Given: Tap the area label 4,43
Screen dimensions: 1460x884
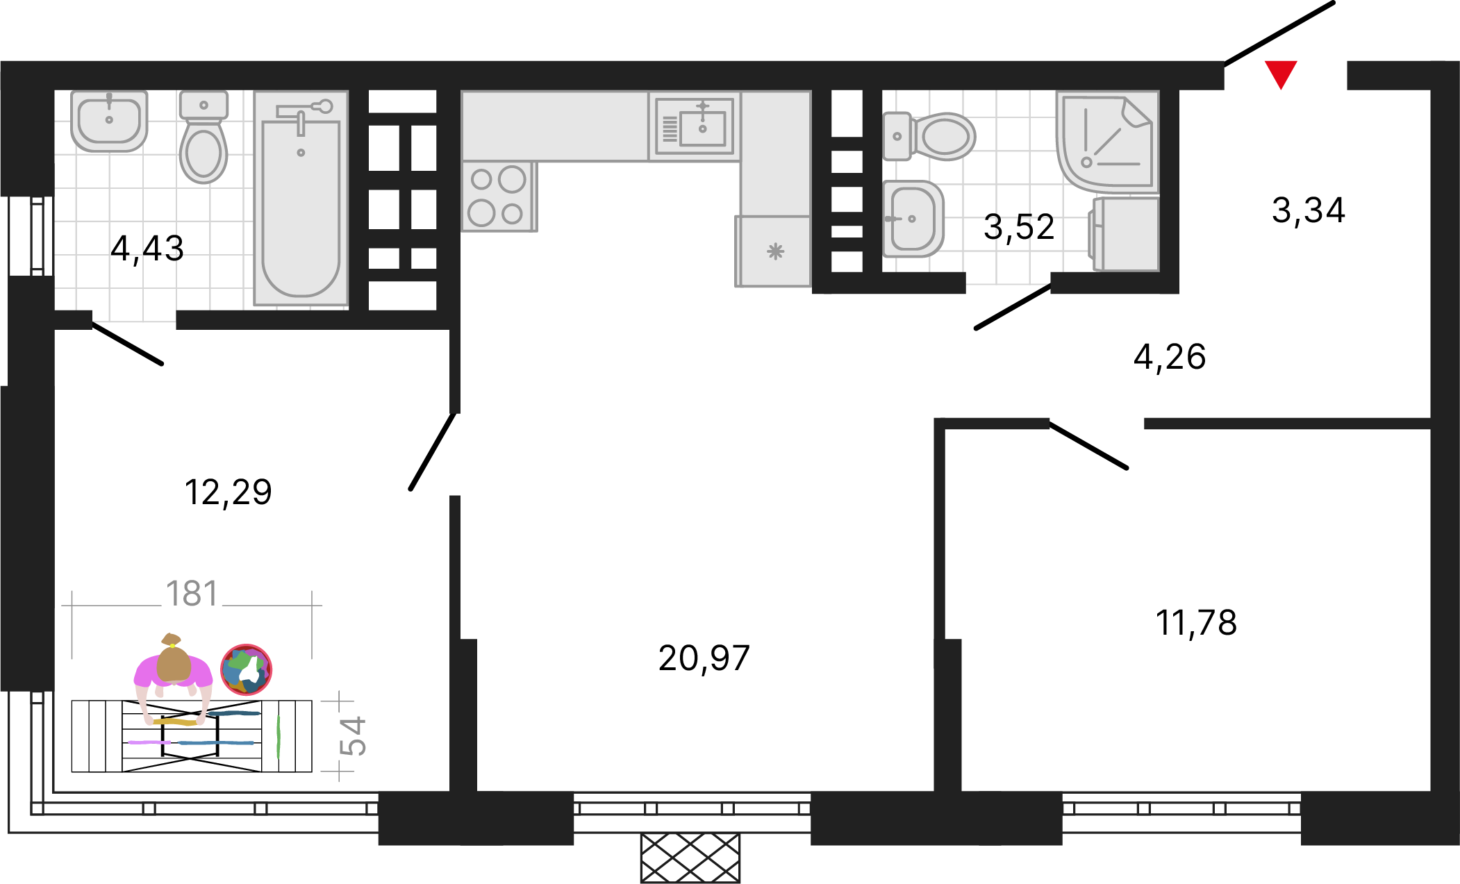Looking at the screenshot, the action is click(147, 248).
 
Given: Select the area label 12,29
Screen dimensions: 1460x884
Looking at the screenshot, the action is click(228, 492).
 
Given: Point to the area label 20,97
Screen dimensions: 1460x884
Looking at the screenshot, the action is click(704, 658).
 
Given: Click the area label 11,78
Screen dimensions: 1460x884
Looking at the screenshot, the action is click(1196, 622).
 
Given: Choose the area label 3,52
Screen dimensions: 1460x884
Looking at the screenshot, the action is click(1019, 227).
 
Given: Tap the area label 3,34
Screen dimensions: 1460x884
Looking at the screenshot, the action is click(1309, 210).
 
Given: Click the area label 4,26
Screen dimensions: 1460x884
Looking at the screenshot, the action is click(1170, 357).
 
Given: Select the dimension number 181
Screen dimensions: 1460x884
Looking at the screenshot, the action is click(192, 594).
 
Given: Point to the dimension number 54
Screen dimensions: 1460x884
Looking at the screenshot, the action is click(353, 736).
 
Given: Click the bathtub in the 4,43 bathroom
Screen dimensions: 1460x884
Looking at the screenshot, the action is click(301, 198).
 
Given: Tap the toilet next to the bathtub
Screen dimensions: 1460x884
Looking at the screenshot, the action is click(204, 137).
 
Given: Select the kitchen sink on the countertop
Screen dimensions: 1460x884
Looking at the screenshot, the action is click(695, 126).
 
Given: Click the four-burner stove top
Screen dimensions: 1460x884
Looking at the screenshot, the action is click(498, 197).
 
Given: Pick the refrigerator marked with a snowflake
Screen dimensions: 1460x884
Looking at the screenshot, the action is click(773, 251).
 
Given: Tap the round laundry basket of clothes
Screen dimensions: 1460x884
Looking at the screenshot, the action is click(246, 670).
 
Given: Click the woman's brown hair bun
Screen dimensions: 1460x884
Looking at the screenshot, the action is click(171, 640).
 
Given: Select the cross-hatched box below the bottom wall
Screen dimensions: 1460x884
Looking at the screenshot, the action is click(690, 858).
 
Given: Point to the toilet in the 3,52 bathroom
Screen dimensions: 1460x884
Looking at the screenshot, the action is click(929, 136).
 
